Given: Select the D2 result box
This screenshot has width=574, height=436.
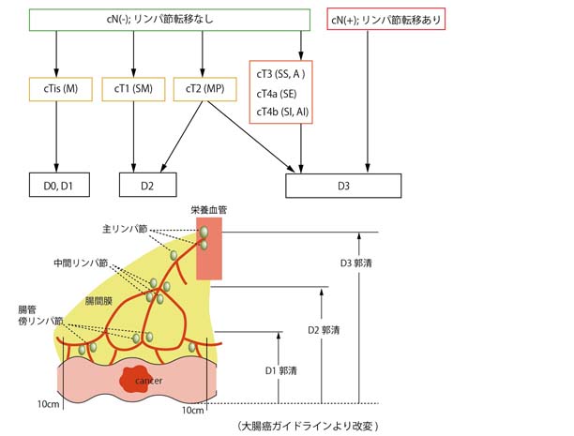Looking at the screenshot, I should coord(147,187).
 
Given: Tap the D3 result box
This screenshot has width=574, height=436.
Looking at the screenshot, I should coord(344,187).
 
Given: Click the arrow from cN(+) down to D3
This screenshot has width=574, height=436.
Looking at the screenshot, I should coord(360,103).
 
